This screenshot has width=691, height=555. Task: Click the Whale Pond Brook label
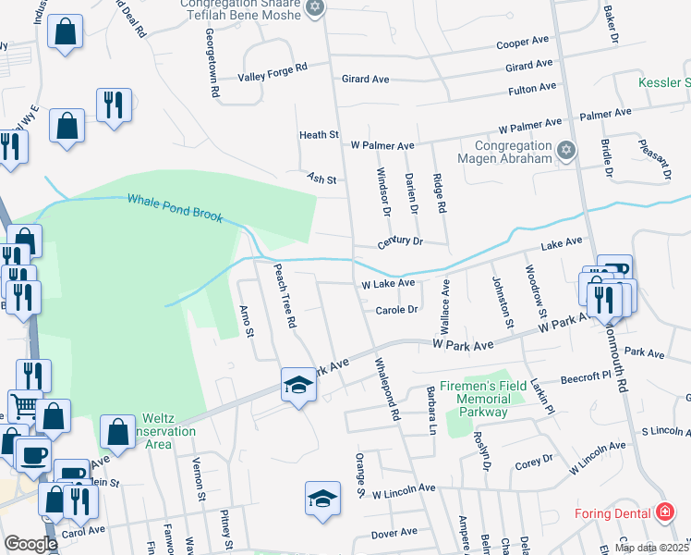pyautogui.click(x=175, y=207)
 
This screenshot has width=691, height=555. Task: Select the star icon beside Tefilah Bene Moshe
pyautogui.click(x=315, y=8)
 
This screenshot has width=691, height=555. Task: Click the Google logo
pyautogui.click(x=30, y=544)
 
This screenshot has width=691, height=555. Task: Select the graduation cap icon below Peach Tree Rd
pyautogui.click(x=298, y=385)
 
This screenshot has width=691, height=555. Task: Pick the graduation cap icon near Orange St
pyautogui.click(x=322, y=499)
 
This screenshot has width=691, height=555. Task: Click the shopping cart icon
pyautogui.click(x=24, y=405)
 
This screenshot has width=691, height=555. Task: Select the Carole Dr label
pyautogui.click(x=397, y=310)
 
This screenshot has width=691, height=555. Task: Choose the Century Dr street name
pyautogui.click(x=400, y=242)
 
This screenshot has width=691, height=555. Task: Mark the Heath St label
pyautogui.click(x=319, y=135)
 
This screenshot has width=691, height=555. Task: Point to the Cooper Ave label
pyautogui.click(x=524, y=43)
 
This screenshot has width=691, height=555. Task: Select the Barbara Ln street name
pyautogui.click(x=430, y=409)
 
